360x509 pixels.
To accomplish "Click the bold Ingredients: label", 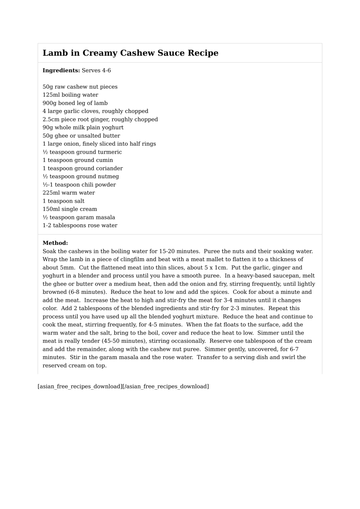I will coord(61,70).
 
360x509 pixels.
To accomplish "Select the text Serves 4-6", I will coord(96,70).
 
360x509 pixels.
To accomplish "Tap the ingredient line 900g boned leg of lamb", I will coord(75,103).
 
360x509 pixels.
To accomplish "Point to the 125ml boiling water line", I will coord(70,95).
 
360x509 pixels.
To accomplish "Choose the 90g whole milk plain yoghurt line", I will coord(83,128).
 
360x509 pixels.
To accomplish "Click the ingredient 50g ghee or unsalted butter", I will coord(81,136).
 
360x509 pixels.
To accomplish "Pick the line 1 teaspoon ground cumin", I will coord(77,160).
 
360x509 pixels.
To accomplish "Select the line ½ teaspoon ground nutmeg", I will coord(81,177).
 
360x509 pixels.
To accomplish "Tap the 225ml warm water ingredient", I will coord(69,193).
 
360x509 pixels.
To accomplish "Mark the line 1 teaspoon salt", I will coord(63,201).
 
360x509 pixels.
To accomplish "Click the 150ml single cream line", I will coord(69,209).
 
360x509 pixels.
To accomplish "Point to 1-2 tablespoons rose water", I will coord(80,226).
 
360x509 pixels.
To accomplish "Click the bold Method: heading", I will coord(55,243).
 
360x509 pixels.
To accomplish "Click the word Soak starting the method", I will coord(49,251).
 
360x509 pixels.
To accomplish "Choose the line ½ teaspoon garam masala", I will coord(79,217).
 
